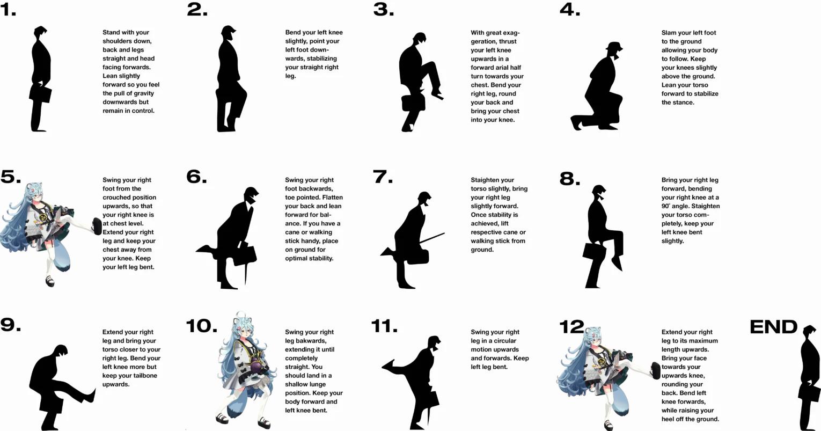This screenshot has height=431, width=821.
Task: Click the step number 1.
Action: (x=8, y=10)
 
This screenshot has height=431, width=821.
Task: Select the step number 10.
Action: (x=201, y=326)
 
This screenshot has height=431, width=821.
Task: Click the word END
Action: (x=773, y=326)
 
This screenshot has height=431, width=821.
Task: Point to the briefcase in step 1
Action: (x=41, y=94)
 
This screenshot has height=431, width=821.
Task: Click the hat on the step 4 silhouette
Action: (x=614, y=46)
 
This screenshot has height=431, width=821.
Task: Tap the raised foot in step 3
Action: (x=438, y=96)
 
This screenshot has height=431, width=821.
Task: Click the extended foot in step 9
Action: (x=89, y=395)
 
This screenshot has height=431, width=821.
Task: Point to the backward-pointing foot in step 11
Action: (x=388, y=365)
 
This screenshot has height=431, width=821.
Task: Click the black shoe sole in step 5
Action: (x=97, y=227)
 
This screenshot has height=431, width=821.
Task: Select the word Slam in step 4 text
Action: (x=669, y=33)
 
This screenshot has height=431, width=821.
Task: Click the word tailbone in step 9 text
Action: (x=145, y=375)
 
